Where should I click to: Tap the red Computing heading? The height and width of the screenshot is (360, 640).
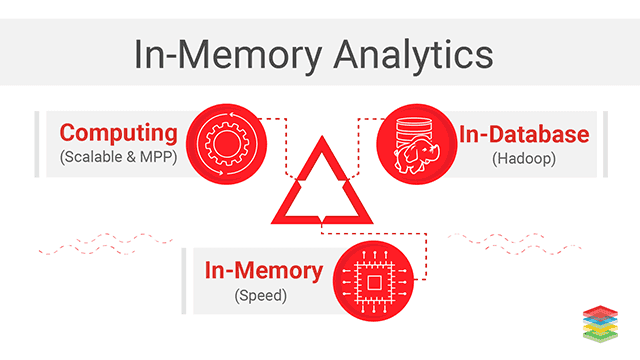[118, 132]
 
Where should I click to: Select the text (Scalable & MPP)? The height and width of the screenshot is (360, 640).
[118, 157]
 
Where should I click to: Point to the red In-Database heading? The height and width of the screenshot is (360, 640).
[524, 133]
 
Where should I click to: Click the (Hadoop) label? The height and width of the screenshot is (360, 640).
[523, 158]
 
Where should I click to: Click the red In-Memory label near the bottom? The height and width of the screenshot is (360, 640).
[263, 270]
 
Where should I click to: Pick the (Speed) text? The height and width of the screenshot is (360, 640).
[263, 295]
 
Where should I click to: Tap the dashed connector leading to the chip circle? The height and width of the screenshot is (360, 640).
[400, 235]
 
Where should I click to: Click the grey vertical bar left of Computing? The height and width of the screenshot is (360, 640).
[38, 144]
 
